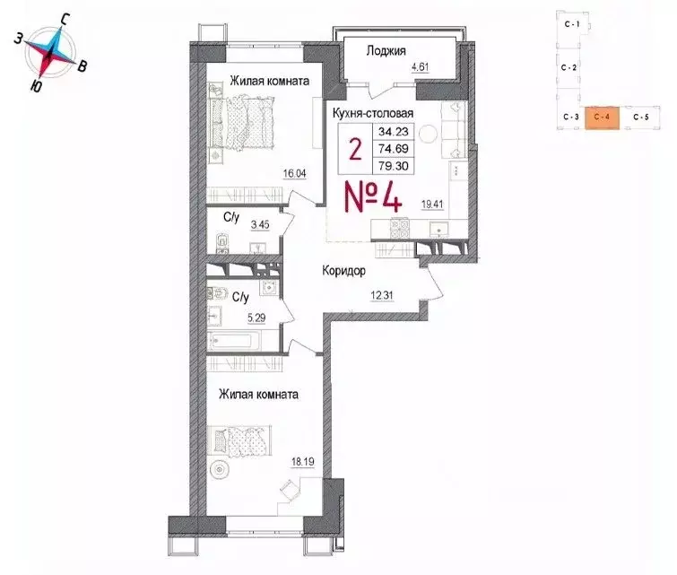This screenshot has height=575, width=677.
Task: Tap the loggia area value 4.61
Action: pyautogui.click(x=421, y=67)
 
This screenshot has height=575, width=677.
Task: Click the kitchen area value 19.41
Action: pyautogui.click(x=432, y=204)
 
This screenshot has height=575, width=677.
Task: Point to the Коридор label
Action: pyautogui.click(x=343, y=269)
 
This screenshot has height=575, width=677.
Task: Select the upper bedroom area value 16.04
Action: pyautogui.click(x=295, y=175)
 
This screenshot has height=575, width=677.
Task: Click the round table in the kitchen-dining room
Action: pyautogui.click(x=428, y=134)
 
